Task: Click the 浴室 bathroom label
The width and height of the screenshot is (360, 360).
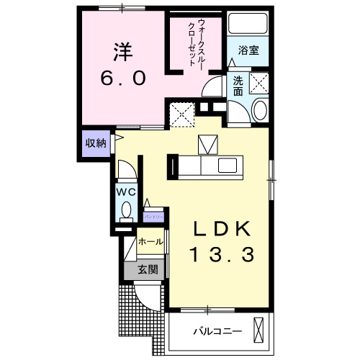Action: point(249,51)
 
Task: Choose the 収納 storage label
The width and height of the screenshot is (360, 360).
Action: point(96,143)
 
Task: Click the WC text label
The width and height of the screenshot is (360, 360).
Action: point(127,192)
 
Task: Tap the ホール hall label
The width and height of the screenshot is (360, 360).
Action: point(150,242)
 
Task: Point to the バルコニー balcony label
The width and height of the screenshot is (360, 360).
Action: point(217,332)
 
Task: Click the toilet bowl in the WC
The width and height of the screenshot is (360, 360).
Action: point(127,211)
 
